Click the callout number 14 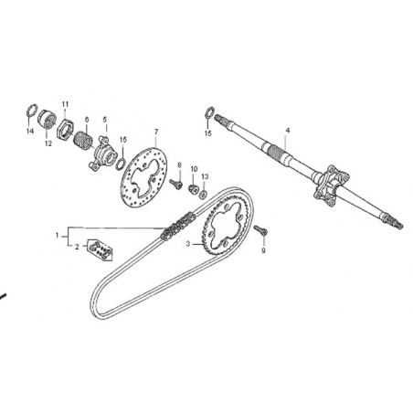click(x=30, y=131)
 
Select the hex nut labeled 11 click(x=65, y=128)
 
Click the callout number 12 click(x=48, y=143)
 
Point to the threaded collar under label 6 click(x=82, y=140)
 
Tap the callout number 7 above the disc click(x=156, y=132)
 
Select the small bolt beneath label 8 click(x=176, y=183)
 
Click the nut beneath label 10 click(x=193, y=188)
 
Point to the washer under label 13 click(x=202, y=194)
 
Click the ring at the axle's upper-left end click(x=208, y=112)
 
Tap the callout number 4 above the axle click(x=288, y=131)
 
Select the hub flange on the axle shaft click(x=330, y=185)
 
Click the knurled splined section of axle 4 click(x=278, y=150)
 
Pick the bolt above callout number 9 click(x=261, y=230)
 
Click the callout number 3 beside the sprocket click(x=188, y=244)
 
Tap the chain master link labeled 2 click(x=100, y=250)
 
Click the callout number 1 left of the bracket click(x=57, y=236)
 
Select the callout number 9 click(x=264, y=249)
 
